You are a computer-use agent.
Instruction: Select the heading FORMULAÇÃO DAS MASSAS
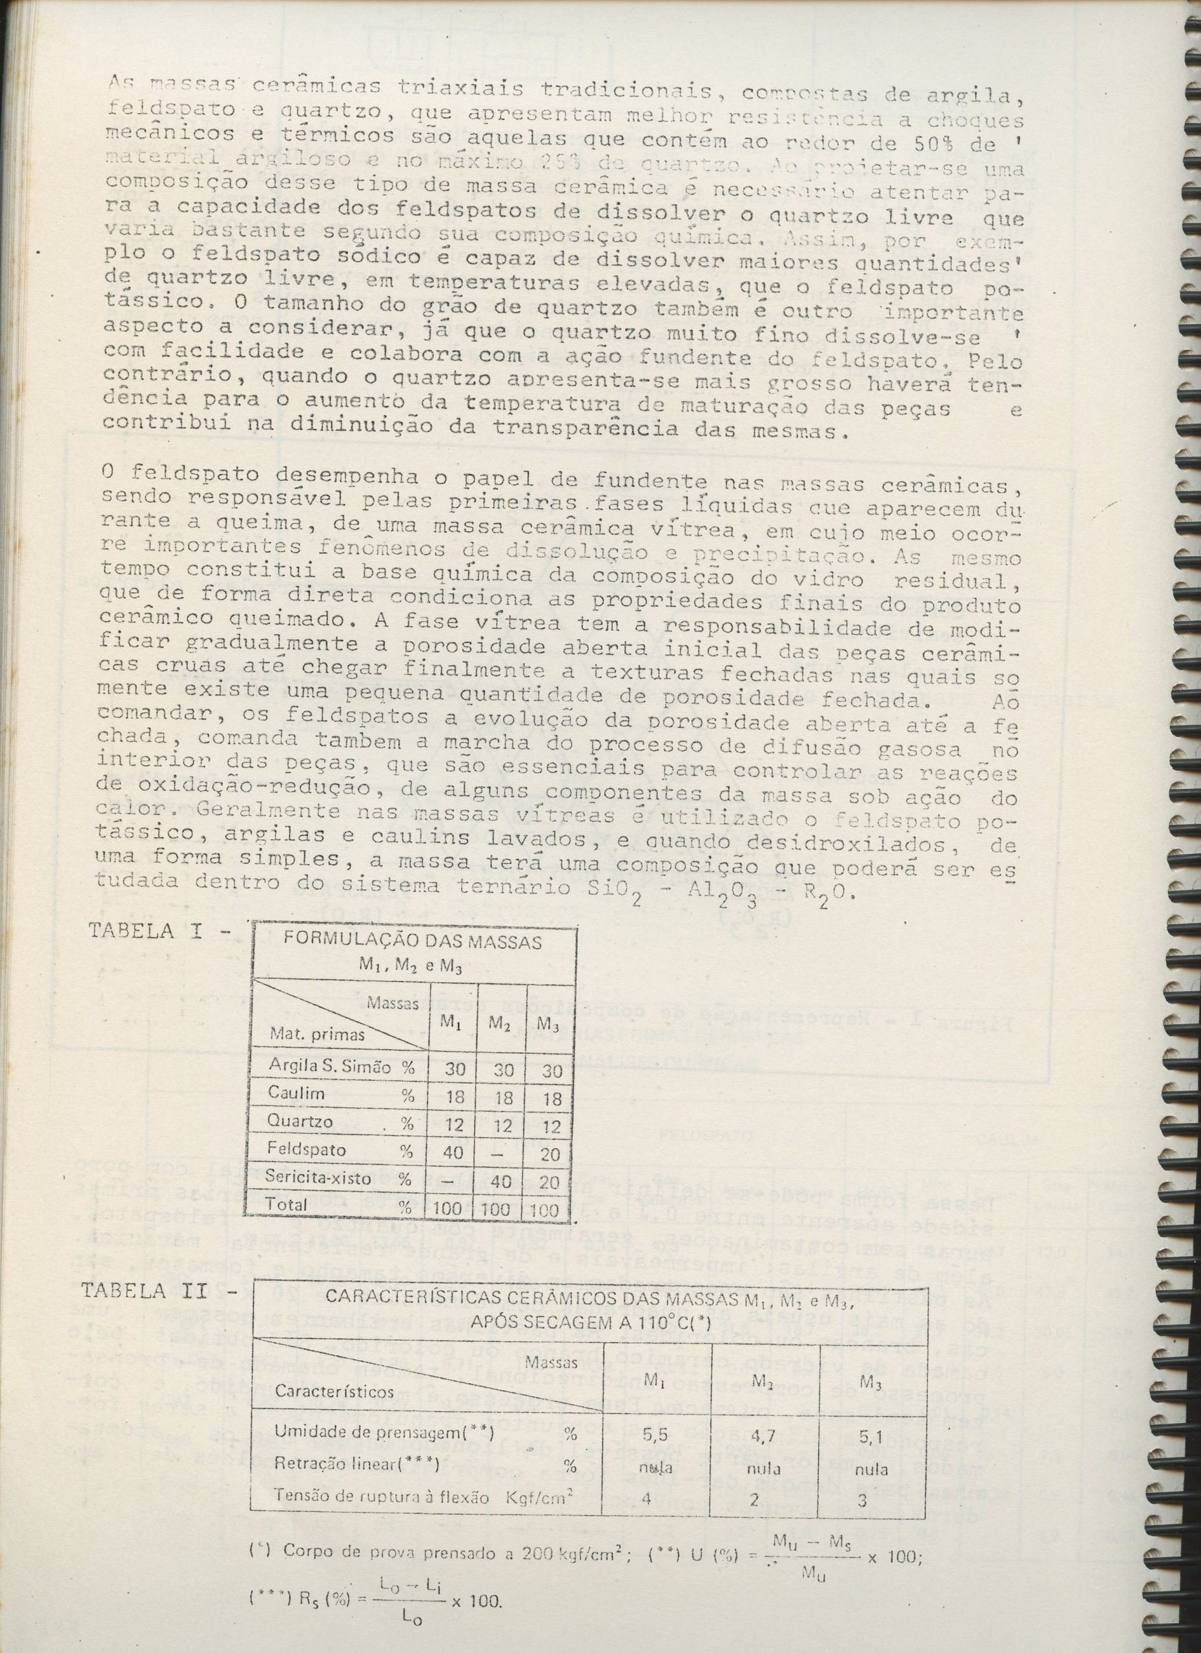413,941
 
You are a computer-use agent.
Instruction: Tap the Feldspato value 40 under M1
454,1151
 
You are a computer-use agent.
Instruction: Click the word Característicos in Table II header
334,1411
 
